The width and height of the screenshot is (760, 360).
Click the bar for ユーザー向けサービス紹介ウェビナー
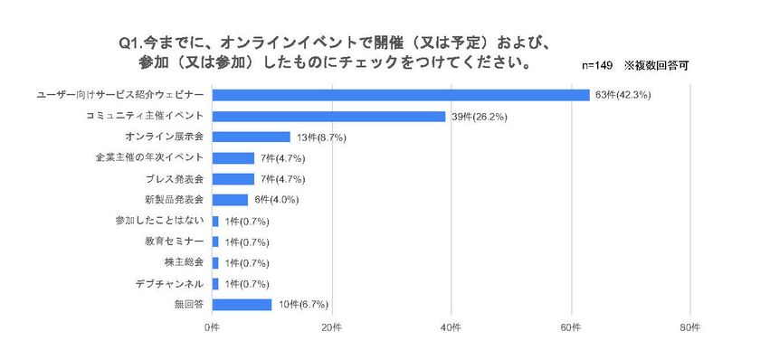pyautogui.click(x=401, y=95)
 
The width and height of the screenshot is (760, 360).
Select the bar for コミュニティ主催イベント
pyautogui.click(x=328, y=116)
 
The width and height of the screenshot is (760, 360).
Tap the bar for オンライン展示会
pyautogui.click(x=251, y=137)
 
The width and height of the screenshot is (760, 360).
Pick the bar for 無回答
pyautogui.click(x=242, y=304)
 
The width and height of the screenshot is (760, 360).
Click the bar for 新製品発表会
pyautogui.click(x=230, y=200)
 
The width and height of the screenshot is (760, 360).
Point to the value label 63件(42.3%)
pyautogui.click(x=624, y=95)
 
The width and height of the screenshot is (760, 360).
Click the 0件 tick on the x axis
pyautogui.click(x=212, y=326)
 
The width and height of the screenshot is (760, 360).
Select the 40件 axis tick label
pyautogui.click(x=451, y=326)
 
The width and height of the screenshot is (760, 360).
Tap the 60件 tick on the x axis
pyautogui.click(x=571, y=326)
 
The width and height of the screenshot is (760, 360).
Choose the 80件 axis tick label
pyautogui.click(x=690, y=326)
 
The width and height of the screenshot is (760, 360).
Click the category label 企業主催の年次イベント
pyautogui.click(x=156, y=157)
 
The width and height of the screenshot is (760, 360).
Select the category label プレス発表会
pyautogui.click(x=175, y=178)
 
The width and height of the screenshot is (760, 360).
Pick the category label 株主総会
pyautogui.click(x=184, y=262)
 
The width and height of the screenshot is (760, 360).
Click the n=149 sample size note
pyautogui.click(x=597, y=66)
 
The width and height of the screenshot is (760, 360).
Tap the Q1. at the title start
pyautogui.click(x=130, y=43)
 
